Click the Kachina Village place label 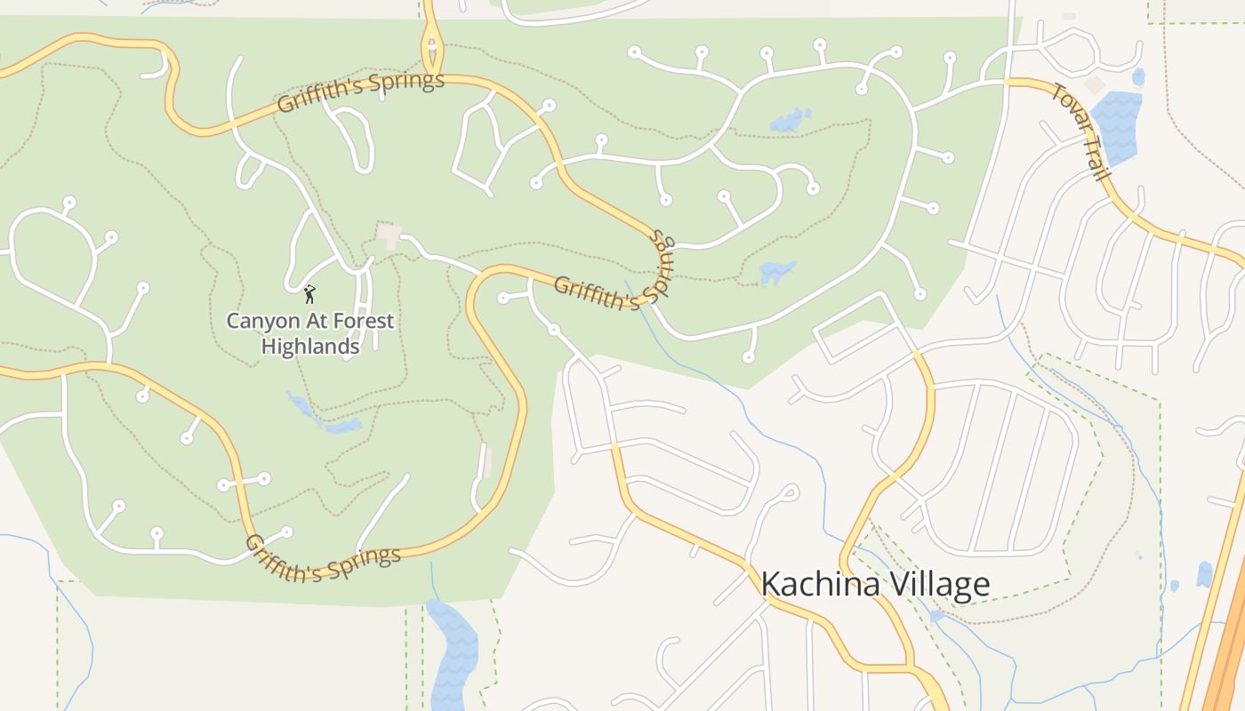pyautogui.click(x=875, y=584)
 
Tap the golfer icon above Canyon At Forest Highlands pyautogui.click(x=309, y=293)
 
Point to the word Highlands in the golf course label pyautogui.click(x=310, y=346)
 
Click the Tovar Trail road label pyautogui.click(x=1080, y=131)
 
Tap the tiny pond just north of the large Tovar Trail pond pyautogui.click(x=1138, y=77)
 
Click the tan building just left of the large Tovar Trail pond pyautogui.click(x=1095, y=84)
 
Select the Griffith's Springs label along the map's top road pyautogui.click(x=360, y=92)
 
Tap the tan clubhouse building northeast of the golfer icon pyautogui.click(x=389, y=236)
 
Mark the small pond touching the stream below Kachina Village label pyautogui.click(x=936, y=615)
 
